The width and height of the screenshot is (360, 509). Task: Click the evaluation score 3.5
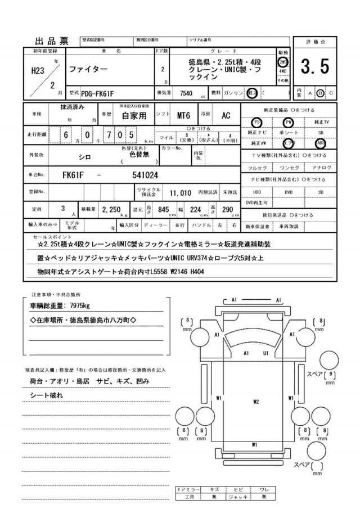(314, 67)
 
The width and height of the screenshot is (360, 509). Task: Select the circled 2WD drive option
(282, 62)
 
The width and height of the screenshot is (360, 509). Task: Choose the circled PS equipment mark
(256, 121)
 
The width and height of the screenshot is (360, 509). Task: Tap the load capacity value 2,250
(111, 209)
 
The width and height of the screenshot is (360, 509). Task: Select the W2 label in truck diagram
(255, 402)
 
